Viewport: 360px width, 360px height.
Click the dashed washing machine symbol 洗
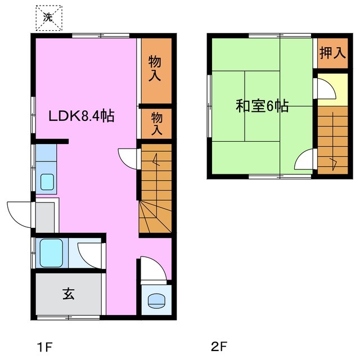pyautogui.click(x=49, y=18)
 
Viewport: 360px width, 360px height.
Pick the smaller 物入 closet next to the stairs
pyautogui.click(x=156, y=123)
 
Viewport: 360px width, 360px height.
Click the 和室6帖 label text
pyautogui.click(x=261, y=106)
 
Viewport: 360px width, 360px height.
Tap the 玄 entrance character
pyautogui.click(x=68, y=294)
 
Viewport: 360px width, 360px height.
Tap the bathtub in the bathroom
pyautogui.click(x=52, y=251)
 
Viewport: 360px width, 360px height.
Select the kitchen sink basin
pyautogui.click(x=46, y=182)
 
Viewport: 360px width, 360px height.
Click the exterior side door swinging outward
pyautogui.click(x=18, y=214)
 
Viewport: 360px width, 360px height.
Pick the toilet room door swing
pyautogui.click(x=152, y=269)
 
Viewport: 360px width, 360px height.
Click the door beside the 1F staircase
pyautogui.click(x=128, y=157)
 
